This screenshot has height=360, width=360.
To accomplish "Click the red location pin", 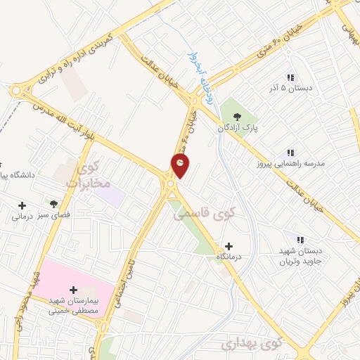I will (x=181, y=166).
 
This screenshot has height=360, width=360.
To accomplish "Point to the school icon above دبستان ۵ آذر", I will (x=289, y=77).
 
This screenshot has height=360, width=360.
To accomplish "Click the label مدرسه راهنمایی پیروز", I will (x=290, y=164).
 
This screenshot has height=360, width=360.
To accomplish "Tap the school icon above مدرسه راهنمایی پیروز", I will (x=290, y=152).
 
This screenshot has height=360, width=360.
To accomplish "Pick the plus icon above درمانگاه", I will (x=229, y=246).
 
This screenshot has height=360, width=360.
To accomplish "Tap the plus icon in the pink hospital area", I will (x=74, y=289).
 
